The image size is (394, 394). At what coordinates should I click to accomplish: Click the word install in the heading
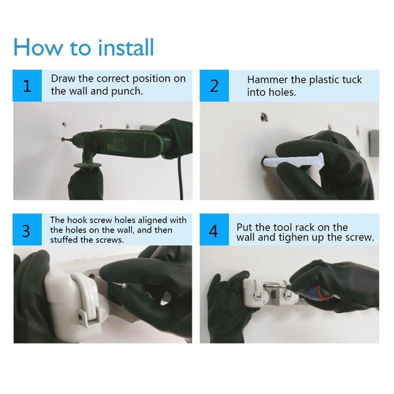[125, 47]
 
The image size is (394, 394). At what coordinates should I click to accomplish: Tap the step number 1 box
[27, 85]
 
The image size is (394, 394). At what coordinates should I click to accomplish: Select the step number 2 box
[214, 85]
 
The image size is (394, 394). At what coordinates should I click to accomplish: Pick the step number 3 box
[27, 229]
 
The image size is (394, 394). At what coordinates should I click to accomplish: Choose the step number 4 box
[214, 229]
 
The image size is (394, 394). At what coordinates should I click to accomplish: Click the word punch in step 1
[127, 91]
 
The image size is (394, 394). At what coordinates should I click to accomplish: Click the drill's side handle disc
[88, 165]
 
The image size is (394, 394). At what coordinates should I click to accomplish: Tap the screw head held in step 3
[124, 286]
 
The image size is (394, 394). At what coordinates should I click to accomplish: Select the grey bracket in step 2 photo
[374, 143]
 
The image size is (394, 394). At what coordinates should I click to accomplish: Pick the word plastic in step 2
[324, 80]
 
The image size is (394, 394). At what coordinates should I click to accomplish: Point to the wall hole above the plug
[264, 117]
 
